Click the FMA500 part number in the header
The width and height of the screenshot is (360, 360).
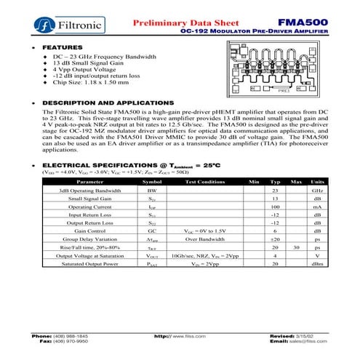click(302, 23)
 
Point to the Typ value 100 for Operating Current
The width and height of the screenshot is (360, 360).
click(276, 207)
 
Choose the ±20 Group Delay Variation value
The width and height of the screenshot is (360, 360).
click(276, 239)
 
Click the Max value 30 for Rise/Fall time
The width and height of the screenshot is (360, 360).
click(296, 247)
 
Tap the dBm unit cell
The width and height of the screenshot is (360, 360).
click(317, 264)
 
